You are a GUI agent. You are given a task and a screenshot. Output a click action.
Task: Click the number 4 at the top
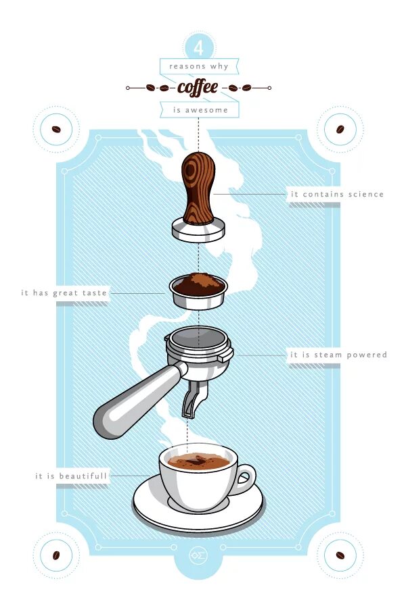coord(199,48)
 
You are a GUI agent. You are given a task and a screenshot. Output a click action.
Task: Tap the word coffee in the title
coord(198,87)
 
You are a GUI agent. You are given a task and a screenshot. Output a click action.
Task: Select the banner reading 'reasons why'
coord(199,66)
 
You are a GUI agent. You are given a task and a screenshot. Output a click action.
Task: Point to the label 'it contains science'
coord(336,195)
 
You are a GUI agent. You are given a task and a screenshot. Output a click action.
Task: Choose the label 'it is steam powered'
coord(338,355)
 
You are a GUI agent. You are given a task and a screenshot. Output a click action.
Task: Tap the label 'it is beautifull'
coord(71,476)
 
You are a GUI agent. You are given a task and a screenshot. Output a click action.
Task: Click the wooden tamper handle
coord(198,186)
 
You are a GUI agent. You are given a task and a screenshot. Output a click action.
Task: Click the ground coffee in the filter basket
coord(198,283)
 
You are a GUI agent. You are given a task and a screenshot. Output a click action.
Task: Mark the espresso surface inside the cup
coord(198,461)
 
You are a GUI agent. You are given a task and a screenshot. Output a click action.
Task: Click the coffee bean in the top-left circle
coord(56,129)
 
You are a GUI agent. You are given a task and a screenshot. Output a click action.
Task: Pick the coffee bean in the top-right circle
coord(340,129)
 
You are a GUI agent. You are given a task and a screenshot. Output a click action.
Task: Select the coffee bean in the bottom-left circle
coord(56,555)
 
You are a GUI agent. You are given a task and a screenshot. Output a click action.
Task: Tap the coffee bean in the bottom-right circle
coord(340,555)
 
